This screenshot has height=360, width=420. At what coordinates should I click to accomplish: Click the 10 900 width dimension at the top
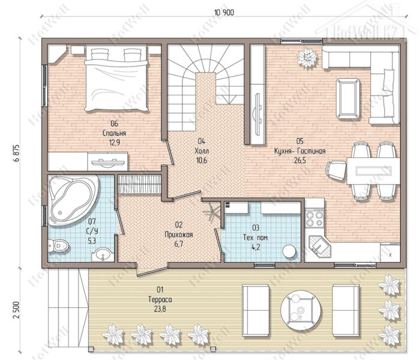(224, 13)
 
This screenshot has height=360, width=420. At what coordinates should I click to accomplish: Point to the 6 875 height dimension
(16, 154)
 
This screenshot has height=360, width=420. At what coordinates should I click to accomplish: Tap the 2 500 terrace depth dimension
(16, 310)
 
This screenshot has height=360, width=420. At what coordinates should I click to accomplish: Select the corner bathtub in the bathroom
(73, 200)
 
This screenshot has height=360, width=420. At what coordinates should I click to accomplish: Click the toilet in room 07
(58, 245)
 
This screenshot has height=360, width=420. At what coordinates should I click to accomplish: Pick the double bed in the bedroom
(116, 79)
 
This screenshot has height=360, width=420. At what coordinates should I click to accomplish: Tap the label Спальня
(115, 133)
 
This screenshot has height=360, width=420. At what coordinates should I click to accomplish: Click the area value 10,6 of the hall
(202, 161)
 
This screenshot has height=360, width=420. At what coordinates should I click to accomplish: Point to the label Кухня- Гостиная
(300, 151)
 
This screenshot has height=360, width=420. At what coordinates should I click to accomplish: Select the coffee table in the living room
(348, 98)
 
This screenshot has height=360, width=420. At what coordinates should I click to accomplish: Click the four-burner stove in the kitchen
(314, 218)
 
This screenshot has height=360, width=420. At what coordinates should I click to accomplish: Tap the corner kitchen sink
(319, 246)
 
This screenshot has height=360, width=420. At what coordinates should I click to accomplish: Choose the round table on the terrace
(301, 310)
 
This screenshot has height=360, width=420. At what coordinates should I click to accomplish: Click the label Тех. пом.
(256, 238)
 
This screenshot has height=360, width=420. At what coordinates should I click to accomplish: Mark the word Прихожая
(179, 235)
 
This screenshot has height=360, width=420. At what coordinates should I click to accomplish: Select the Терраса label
(160, 299)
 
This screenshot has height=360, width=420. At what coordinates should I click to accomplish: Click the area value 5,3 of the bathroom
(92, 241)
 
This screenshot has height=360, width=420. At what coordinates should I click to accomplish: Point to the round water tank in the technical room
(289, 251)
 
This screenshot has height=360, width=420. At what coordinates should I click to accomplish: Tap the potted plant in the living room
(307, 58)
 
